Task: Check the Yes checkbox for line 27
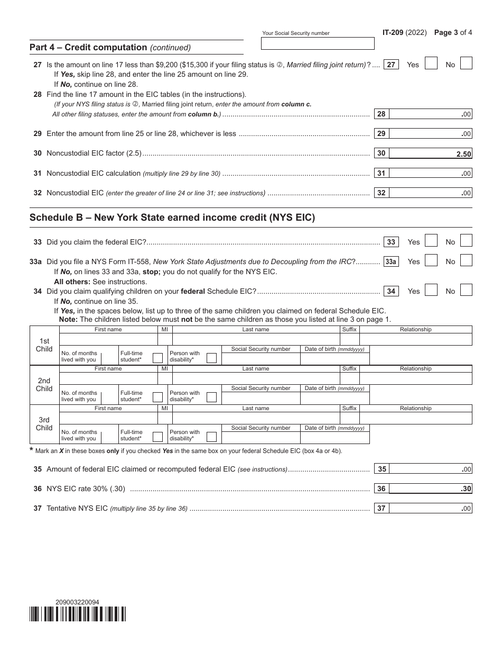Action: (431, 64)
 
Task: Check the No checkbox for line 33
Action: (466, 241)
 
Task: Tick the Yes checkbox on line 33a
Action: (431, 261)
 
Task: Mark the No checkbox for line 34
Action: (466, 291)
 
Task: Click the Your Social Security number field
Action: (318, 43)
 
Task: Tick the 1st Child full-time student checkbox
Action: (157, 358)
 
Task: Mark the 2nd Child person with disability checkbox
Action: (211, 397)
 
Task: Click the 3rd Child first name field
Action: (108, 418)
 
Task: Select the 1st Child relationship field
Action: (415, 339)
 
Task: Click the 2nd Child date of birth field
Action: (334, 398)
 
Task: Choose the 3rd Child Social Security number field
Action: (261, 437)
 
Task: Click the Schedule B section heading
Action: (172, 218)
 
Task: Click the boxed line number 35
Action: (382, 469)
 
